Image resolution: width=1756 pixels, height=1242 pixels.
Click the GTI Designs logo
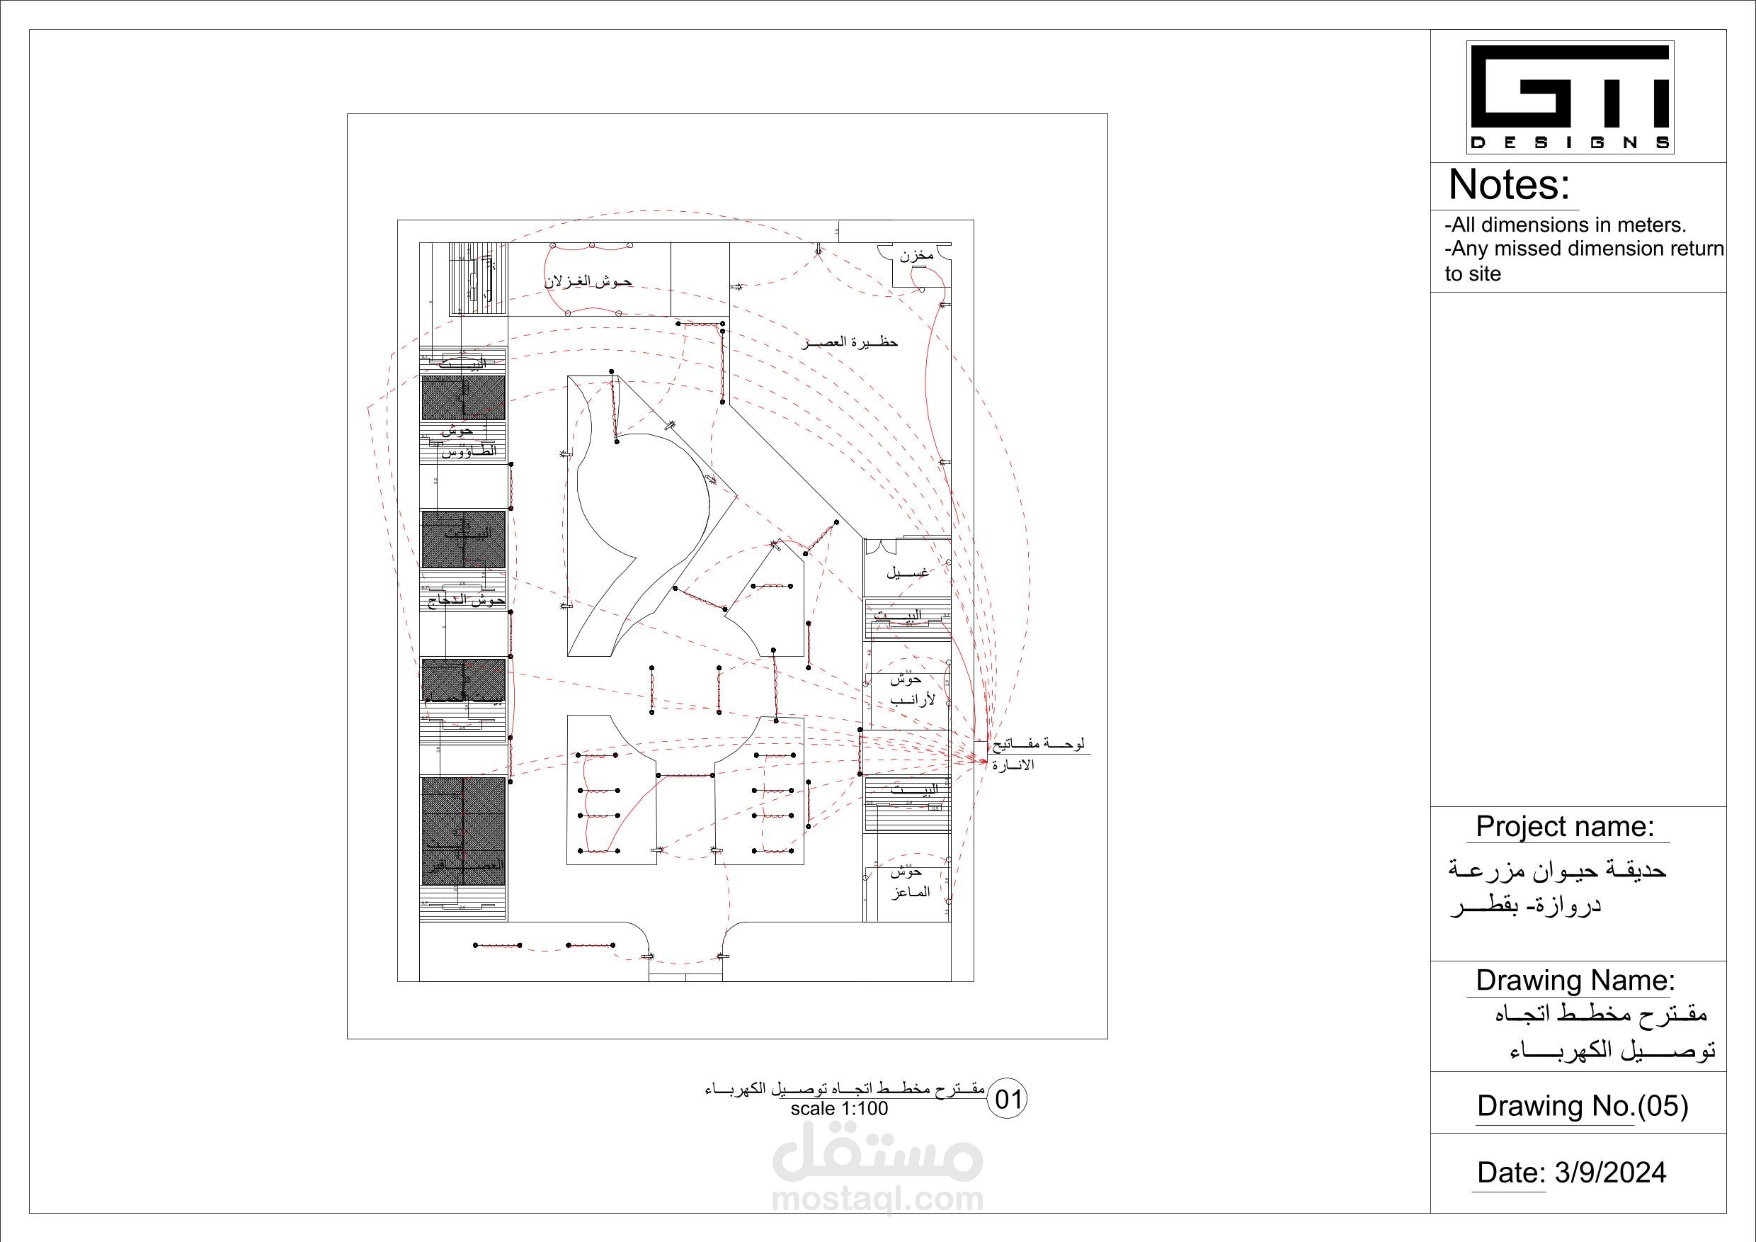pos(1570,97)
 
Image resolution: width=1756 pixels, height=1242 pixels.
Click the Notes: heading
pos(1508,185)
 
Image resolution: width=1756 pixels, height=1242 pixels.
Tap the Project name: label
pos(1565,827)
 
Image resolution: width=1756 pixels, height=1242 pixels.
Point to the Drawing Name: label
pos(1575,981)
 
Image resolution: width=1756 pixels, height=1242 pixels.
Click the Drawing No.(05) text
pos(1583,1106)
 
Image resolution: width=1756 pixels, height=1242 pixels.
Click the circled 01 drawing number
pos(1008,1100)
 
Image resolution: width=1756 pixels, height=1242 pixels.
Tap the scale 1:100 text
pos(839,1109)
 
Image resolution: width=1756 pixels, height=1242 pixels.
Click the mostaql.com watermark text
pos(877,1198)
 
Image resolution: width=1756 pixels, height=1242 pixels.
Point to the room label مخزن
pos(916,255)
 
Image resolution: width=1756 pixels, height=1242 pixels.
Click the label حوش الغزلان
pos(588,281)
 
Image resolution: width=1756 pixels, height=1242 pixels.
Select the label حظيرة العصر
pos(849,342)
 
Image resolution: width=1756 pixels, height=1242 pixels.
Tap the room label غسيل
pos(908,572)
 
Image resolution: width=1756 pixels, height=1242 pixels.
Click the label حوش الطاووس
pos(465,441)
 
